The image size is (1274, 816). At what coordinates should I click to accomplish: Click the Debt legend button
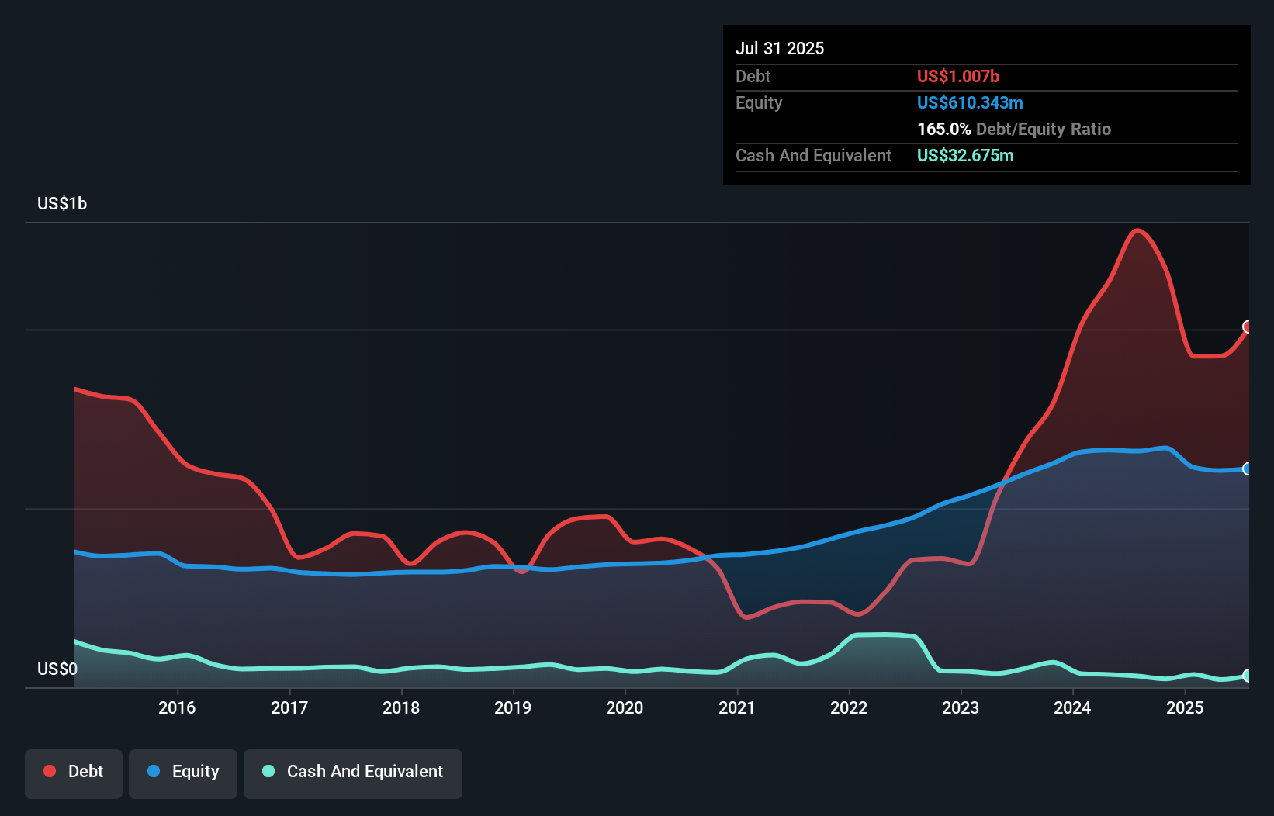tap(74, 772)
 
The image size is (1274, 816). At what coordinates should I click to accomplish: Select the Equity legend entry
tap(183, 772)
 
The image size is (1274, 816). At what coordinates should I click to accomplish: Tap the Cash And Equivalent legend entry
tap(353, 772)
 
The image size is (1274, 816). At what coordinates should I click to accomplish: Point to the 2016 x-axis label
tap(177, 707)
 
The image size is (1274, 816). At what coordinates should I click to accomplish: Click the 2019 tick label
tap(513, 707)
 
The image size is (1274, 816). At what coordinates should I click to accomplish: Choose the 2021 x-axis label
tap(737, 707)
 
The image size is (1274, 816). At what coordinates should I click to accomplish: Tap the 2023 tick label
tap(961, 707)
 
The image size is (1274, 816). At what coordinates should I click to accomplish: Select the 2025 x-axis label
tap(1185, 707)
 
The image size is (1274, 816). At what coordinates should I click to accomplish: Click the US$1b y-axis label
tap(62, 204)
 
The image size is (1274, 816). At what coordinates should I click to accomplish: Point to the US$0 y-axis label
tap(57, 669)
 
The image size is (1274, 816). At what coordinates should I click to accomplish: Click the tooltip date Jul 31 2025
tap(780, 48)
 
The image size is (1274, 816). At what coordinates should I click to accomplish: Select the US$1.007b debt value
tap(957, 76)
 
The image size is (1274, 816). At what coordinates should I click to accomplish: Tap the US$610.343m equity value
tap(970, 102)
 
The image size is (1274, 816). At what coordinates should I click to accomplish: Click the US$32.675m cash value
tap(965, 155)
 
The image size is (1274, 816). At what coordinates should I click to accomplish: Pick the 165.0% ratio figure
tap(943, 129)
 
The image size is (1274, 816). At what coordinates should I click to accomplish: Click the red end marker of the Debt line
tap(1248, 327)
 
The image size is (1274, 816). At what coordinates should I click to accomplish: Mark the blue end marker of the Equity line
tap(1248, 469)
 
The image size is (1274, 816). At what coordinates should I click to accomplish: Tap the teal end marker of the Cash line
tap(1248, 676)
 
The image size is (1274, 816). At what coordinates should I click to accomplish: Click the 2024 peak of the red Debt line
tap(1137, 230)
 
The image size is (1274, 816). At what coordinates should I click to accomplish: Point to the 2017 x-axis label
tap(289, 707)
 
